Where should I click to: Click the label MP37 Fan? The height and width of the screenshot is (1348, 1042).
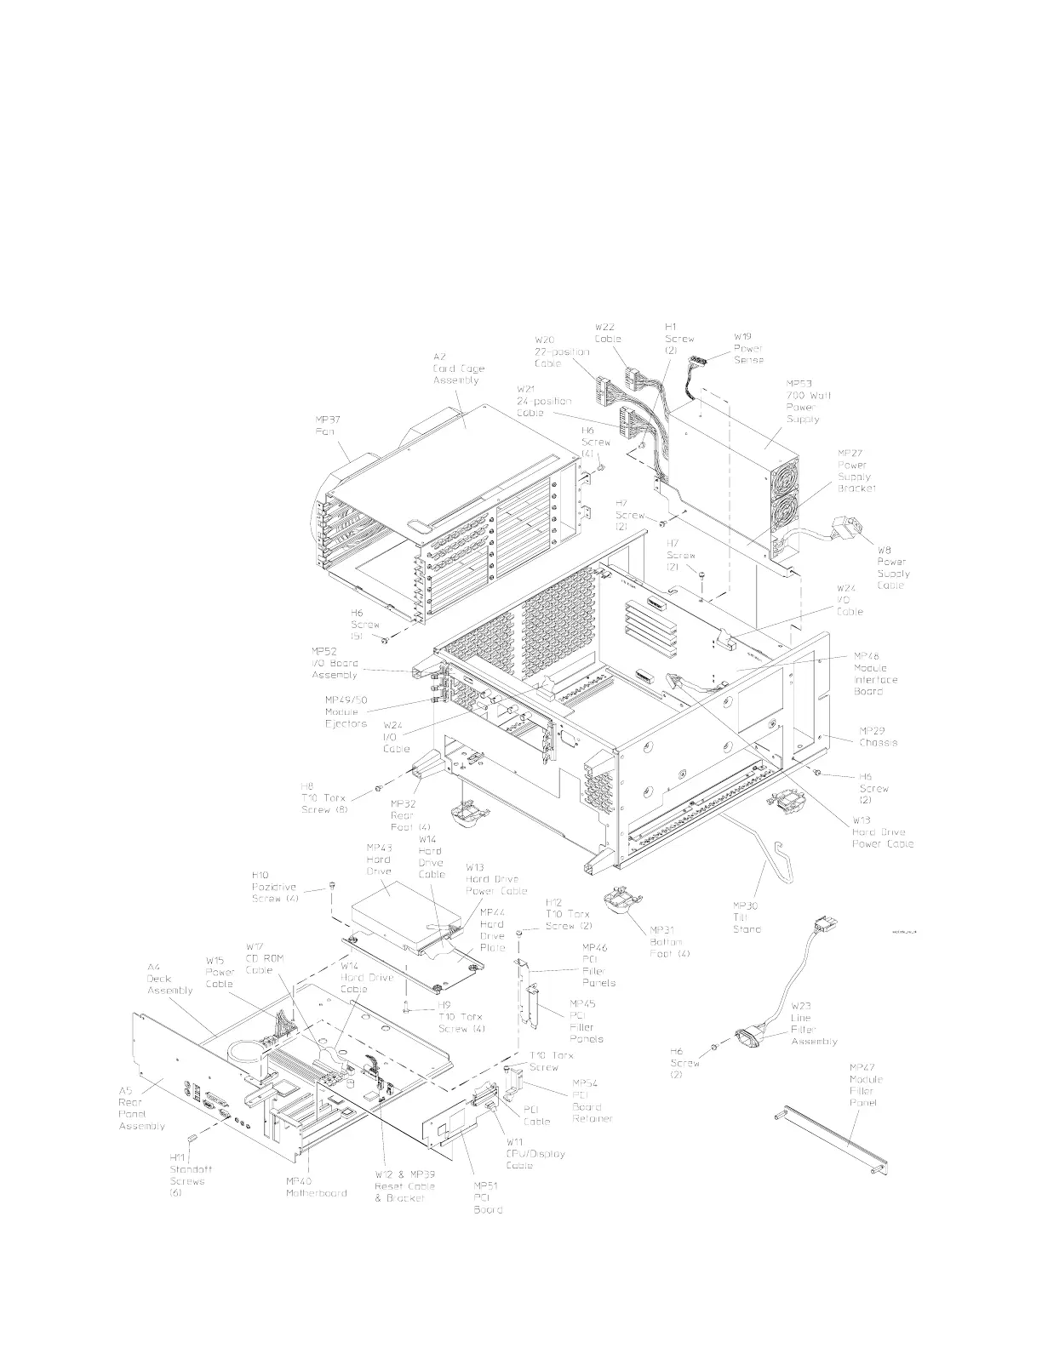(325, 426)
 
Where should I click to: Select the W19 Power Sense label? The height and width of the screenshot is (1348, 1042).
(748, 348)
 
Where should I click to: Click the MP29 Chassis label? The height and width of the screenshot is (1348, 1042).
(877, 736)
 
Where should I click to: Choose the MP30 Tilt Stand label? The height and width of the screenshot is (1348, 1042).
(747, 917)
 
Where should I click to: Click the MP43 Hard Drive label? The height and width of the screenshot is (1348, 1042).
(379, 859)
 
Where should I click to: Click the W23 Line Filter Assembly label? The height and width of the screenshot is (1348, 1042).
(814, 1029)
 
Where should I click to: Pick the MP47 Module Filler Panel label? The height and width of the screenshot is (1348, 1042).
(866, 1084)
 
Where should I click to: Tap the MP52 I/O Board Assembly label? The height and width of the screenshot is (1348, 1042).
(335, 663)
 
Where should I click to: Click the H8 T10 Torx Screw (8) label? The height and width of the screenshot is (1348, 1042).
(324, 798)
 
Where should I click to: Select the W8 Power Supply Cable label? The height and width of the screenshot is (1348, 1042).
(891, 568)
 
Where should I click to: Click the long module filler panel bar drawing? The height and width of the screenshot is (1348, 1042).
(834, 1140)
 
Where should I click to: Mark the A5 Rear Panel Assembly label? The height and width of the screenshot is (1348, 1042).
(133, 1107)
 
